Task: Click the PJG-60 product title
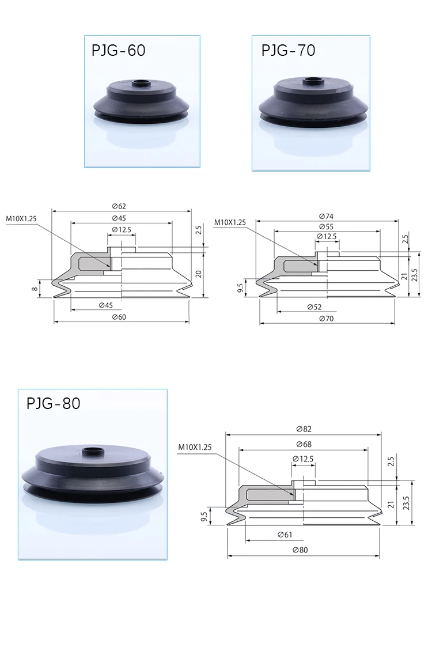click(119, 51)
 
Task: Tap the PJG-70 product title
click(288, 51)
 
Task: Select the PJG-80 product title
click(54, 403)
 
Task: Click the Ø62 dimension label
click(119, 206)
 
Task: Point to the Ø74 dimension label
click(326, 217)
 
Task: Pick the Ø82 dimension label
click(304, 429)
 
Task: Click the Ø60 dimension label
click(119, 317)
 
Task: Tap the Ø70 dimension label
click(326, 319)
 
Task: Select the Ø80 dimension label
click(301, 550)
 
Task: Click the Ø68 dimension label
click(304, 444)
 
